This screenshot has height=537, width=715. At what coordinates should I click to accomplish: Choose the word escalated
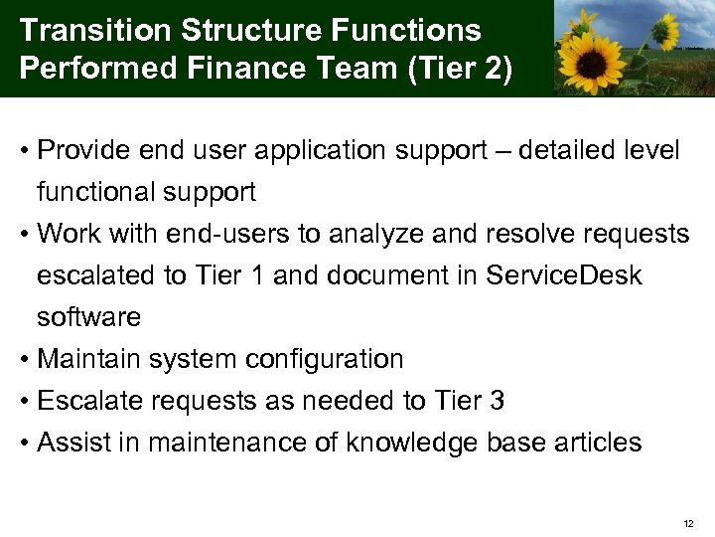(x=90, y=274)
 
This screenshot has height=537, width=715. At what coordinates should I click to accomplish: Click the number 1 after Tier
(x=257, y=274)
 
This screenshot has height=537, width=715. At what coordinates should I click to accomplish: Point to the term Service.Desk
(x=564, y=274)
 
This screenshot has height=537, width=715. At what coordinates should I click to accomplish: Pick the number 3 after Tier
(x=497, y=400)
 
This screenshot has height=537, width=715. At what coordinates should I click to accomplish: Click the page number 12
(x=689, y=523)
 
